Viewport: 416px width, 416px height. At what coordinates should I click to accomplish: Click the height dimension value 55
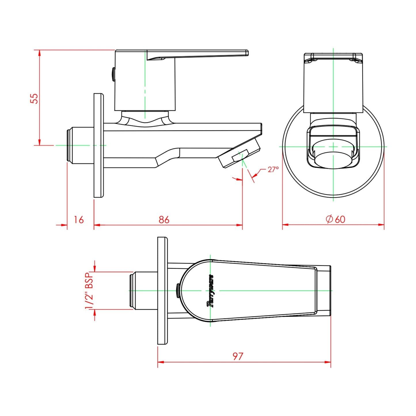pos(34,98)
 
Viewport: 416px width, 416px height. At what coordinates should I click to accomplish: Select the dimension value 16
pos(78,220)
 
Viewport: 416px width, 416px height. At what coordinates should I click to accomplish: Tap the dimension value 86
pos(164,220)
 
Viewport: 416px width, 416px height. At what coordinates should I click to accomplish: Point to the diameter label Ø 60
pos(335,219)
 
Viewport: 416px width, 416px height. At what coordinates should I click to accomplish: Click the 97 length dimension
pos(238,356)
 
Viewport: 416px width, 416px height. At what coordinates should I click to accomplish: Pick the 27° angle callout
pos(273,169)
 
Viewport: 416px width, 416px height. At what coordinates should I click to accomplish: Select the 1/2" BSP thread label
pos(89,290)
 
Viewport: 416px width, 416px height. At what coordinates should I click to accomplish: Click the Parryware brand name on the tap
pos(211,291)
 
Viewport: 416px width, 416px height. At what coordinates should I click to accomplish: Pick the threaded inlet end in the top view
pos(132,290)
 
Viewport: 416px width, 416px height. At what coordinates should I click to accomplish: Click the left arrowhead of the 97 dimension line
pos(160,362)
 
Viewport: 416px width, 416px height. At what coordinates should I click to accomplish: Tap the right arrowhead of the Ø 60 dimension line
pos(382,225)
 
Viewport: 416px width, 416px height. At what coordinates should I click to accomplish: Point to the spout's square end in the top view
pos(324,290)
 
